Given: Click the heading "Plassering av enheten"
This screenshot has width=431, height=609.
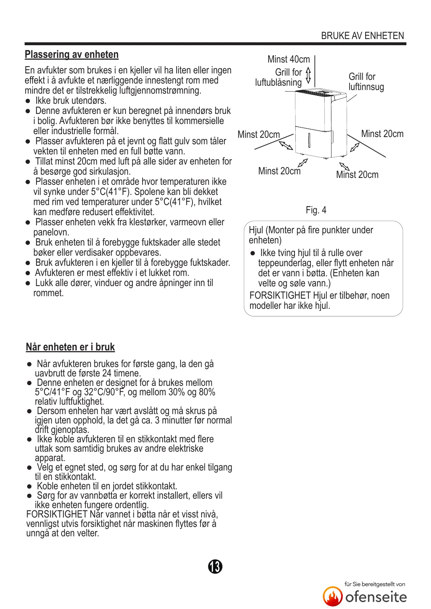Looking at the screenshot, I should pyautogui.click(x=72, y=55).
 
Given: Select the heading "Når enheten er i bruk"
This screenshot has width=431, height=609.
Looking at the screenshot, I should pyautogui.click(x=70, y=347).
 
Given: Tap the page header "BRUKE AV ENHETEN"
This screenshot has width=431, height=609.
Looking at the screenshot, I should pyautogui.click(x=362, y=36).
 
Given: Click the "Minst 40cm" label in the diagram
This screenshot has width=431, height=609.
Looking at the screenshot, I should pyautogui.click(x=288, y=59).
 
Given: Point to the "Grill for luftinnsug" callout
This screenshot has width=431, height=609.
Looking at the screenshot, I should pyautogui.click(x=366, y=82).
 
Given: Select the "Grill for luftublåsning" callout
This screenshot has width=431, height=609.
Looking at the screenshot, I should pyautogui.click(x=279, y=77).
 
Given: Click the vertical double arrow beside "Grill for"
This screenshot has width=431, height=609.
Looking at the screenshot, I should pyautogui.click(x=308, y=75).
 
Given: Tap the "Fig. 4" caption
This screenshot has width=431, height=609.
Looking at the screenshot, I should pyautogui.click(x=316, y=210).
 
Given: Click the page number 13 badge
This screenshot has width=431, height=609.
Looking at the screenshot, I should pyautogui.click(x=215, y=566).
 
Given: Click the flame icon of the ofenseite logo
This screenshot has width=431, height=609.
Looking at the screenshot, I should pyautogui.click(x=332, y=596).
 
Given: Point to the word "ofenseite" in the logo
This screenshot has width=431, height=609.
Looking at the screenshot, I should pyautogui.click(x=376, y=597).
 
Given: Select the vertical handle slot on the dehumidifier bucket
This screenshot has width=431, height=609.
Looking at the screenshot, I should pyautogui.click(x=309, y=140).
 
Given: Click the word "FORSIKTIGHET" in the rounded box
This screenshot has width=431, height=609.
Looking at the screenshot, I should pyautogui.click(x=280, y=295).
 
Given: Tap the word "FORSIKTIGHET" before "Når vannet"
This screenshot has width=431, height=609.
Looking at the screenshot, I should pyautogui.click(x=57, y=514).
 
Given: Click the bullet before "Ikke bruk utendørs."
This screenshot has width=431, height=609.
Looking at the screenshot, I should pyautogui.click(x=28, y=101).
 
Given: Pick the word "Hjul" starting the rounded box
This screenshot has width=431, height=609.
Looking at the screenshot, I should pyautogui.click(x=256, y=230).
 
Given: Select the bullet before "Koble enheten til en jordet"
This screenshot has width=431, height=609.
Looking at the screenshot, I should pyautogui.click(x=30, y=486).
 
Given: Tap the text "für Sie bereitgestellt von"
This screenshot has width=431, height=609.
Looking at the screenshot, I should pyautogui.click(x=375, y=584).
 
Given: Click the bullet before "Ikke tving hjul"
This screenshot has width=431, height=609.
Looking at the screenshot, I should pyautogui.click(x=253, y=253).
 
